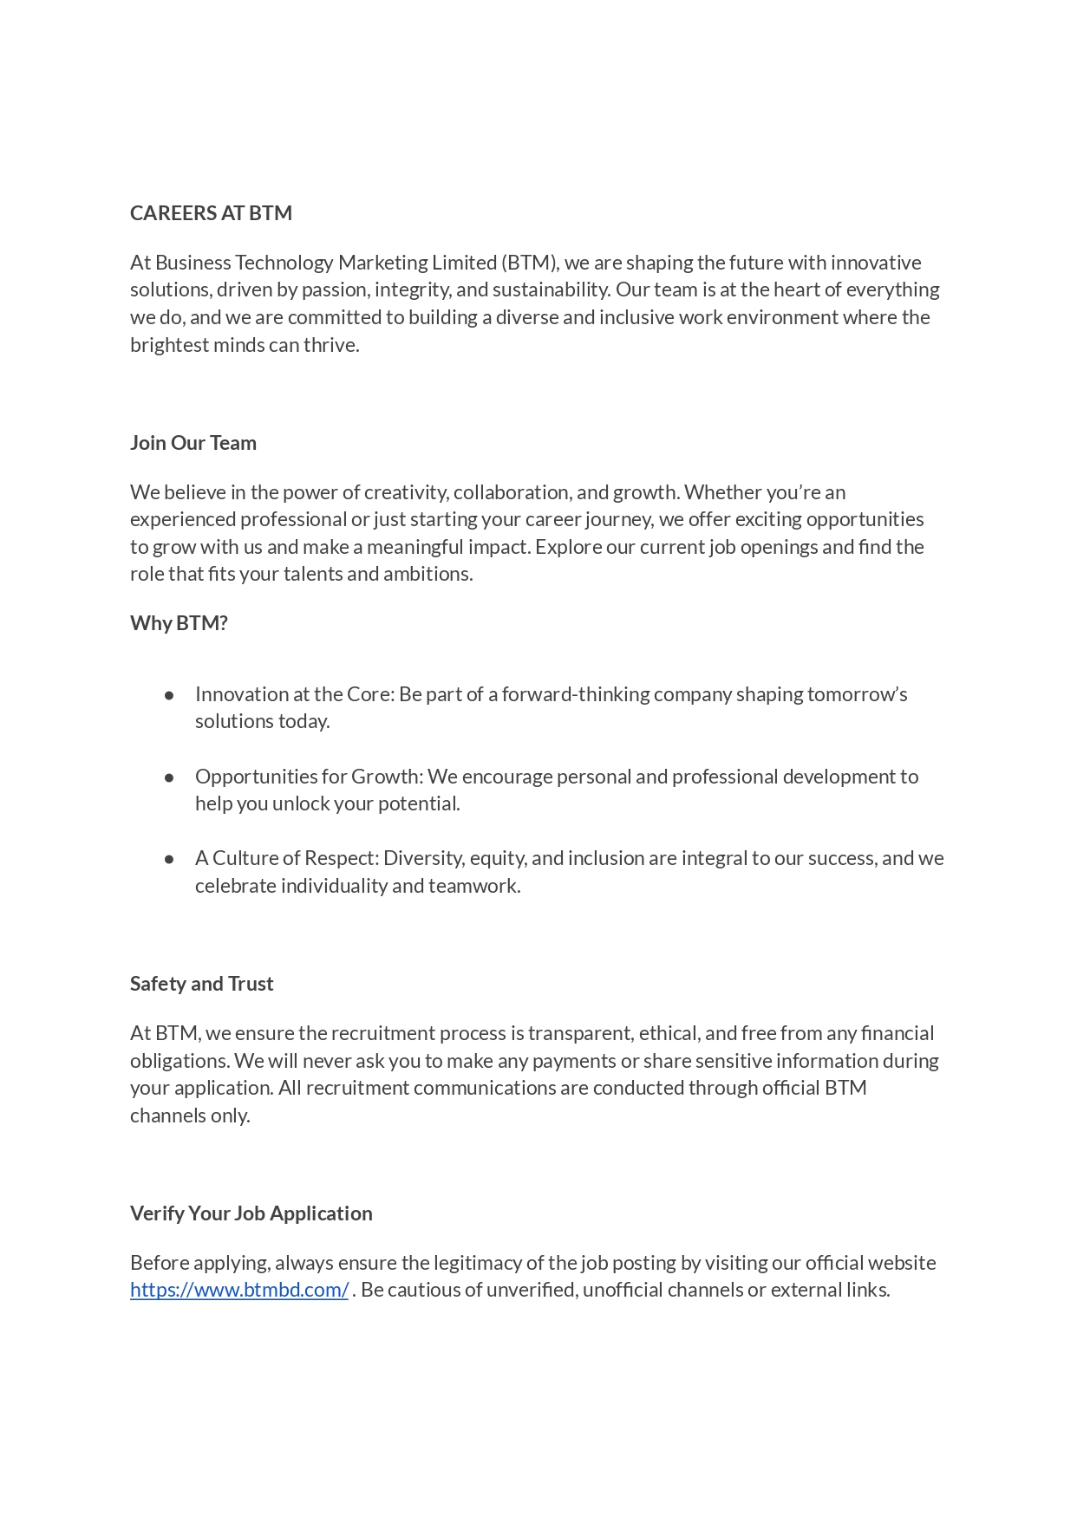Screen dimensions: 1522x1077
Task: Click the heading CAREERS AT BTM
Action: click(x=211, y=213)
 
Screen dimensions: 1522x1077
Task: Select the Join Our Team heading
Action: click(x=193, y=443)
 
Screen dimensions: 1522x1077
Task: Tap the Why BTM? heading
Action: click(x=179, y=623)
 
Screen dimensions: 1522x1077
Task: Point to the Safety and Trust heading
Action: click(x=201, y=984)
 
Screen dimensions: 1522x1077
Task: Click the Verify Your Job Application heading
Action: click(x=251, y=1213)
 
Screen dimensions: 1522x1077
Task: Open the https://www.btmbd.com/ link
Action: click(x=239, y=1290)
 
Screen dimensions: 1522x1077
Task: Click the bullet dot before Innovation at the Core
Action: click(x=169, y=695)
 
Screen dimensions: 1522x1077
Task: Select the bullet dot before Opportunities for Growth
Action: click(x=169, y=777)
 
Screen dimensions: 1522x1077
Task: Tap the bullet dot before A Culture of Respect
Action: click(x=169, y=859)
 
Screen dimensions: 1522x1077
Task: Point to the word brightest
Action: click(x=169, y=345)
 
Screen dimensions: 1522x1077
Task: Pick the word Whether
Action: click(x=721, y=492)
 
